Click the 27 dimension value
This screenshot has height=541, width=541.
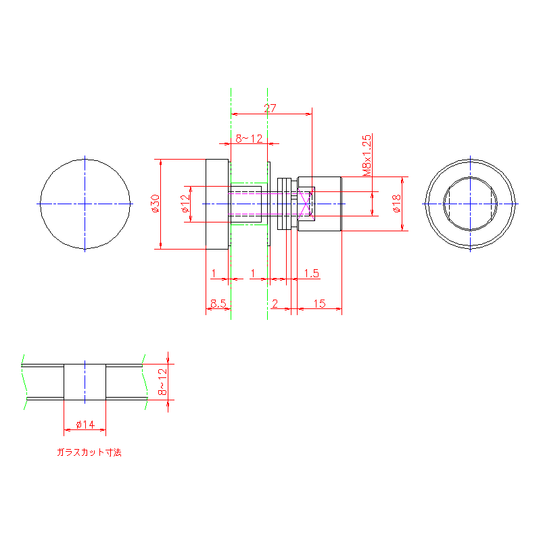tap(270, 108)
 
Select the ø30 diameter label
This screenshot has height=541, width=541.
tap(156, 204)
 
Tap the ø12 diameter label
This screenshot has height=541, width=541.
tap(185, 204)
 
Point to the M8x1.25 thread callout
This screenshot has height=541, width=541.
tap(367, 156)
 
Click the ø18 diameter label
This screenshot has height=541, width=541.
tap(397, 204)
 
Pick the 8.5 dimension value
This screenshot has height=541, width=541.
tap(218, 304)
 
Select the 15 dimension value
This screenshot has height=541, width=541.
tap(319, 304)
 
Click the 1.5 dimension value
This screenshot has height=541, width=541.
tap(312, 274)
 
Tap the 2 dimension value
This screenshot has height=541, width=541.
tap(275, 304)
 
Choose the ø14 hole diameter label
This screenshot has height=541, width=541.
tap(85, 425)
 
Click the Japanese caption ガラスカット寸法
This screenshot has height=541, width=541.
tap(89, 452)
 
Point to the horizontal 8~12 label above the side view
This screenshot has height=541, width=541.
tap(249, 139)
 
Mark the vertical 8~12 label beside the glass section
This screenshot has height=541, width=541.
tap(162, 382)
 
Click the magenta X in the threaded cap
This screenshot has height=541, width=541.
tap(306, 204)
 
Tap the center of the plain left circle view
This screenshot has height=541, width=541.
tap(85, 204)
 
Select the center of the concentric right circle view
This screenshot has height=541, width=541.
tap(470, 204)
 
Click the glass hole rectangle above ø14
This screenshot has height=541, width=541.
tap(85, 382)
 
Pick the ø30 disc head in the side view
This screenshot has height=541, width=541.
tap(217, 204)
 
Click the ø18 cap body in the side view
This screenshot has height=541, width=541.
tap(319, 204)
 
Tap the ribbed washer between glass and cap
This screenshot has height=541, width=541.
tap(284, 204)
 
